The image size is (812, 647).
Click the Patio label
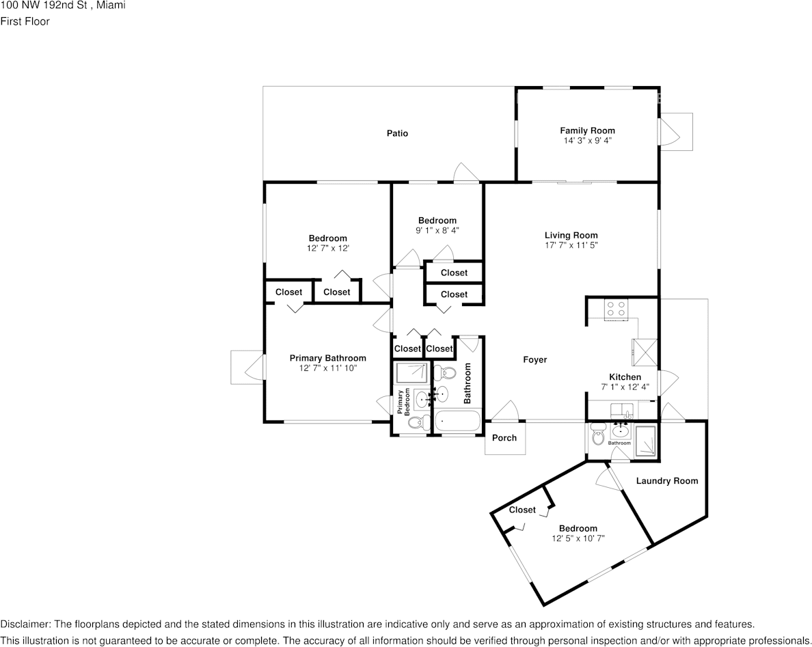pos(397,133)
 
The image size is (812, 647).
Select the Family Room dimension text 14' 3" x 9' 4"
pos(587,141)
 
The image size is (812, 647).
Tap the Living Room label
pos(571,235)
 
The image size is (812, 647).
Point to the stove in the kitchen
pos(617,309)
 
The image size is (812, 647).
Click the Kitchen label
pos(625,377)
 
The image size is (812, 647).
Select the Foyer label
pos(534,360)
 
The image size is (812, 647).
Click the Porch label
pos(504,438)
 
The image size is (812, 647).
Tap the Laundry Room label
pos(666,481)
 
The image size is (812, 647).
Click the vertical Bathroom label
pos(468,382)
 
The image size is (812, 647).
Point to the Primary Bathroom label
pos(327,358)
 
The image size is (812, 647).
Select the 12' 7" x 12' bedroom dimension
pos(327,249)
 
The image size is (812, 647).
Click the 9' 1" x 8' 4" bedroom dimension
pos(437,230)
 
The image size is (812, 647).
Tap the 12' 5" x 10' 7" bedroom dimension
pos(578,538)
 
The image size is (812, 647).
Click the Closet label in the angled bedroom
pos(522,510)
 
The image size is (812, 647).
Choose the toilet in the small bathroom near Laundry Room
pos(598,435)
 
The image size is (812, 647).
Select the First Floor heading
pos(25,21)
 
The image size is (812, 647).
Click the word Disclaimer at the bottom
pos(25,624)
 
